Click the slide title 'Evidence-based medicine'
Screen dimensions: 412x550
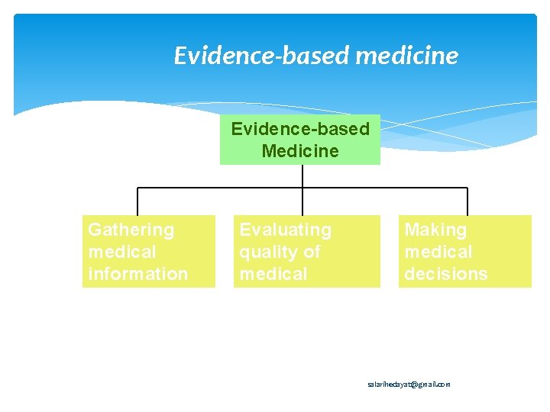[x=315, y=56]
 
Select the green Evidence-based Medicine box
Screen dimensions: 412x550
[x=300, y=140]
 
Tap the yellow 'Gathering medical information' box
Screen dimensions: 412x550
[x=149, y=251]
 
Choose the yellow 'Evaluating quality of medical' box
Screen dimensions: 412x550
[x=306, y=251]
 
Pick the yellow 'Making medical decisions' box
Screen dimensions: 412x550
[x=464, y=251]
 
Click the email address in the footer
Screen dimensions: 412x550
[x=409, y=385]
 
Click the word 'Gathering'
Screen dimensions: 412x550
[x=131, y=230]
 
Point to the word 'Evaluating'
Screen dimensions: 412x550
[x=286, y=230]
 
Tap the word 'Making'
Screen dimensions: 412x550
[x=435, y=230]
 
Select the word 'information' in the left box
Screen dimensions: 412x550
[x=138, y=274]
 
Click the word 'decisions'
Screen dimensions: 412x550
[x=446, y=274]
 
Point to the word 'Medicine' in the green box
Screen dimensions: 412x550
[x=300, y=151]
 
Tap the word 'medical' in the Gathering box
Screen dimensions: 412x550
[x=122, y=252]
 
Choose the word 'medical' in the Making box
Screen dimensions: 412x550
[x=438, y=252]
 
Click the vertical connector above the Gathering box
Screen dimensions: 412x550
[x=137, y=201]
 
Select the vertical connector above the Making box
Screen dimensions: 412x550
[x=467, y=201]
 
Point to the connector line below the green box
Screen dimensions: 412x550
[x=303, y=176]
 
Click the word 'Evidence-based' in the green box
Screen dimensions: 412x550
[x=300, y=129]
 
